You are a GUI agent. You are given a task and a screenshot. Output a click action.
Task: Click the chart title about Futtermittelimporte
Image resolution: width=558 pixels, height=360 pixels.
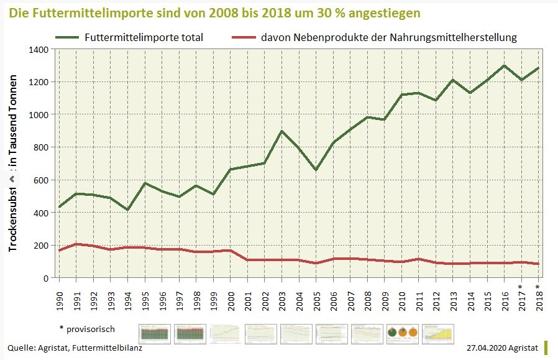215,12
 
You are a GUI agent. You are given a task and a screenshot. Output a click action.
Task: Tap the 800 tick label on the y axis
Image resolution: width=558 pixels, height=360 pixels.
41,147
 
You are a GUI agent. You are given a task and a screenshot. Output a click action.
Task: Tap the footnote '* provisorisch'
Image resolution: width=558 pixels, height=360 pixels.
87,328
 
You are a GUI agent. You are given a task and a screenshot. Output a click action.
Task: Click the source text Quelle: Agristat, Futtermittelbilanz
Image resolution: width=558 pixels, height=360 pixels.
75,348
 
